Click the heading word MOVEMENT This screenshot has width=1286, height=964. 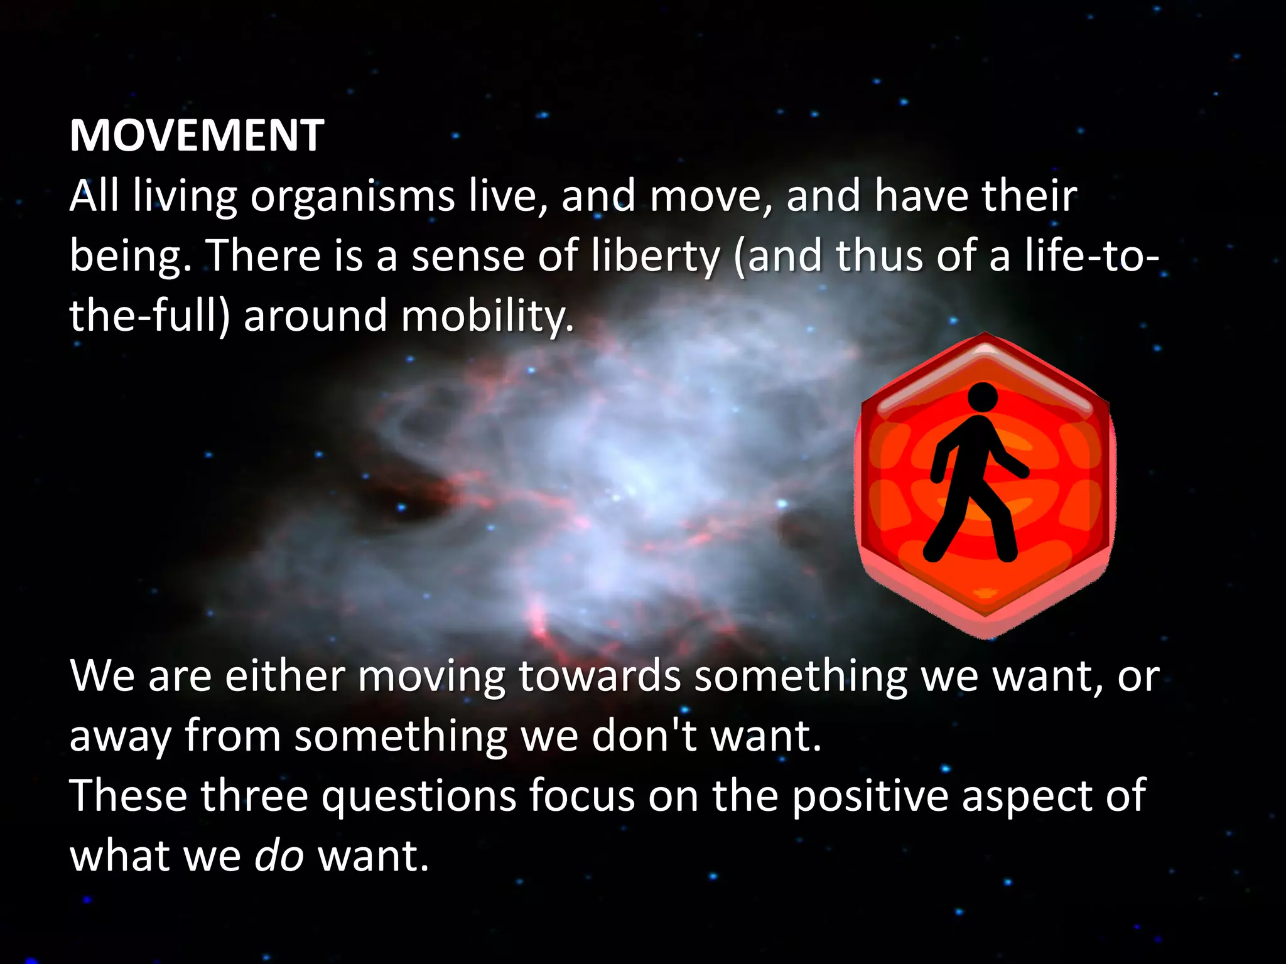tap(197, 136)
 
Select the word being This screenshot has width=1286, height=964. tap(130, 258)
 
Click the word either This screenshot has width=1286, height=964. tap(284, 676)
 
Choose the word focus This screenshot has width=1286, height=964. tap(581, 796)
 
